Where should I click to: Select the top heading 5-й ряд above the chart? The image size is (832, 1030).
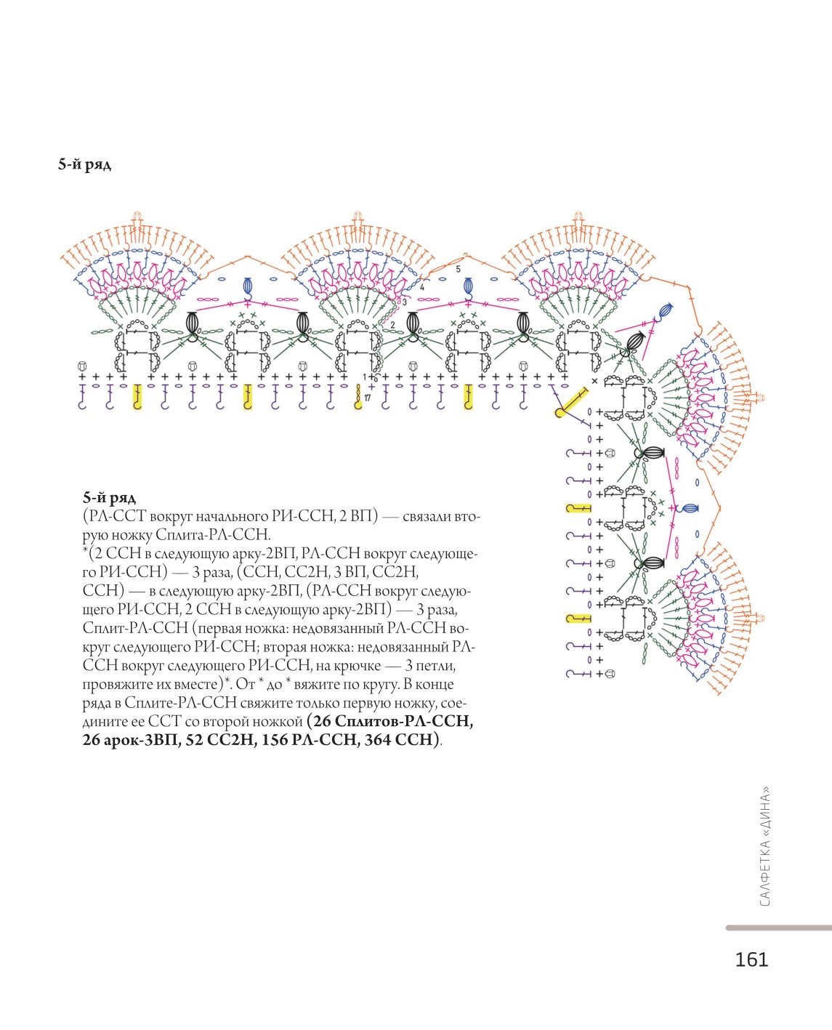coord(84,166)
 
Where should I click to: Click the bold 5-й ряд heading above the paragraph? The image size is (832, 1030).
coord(109,498)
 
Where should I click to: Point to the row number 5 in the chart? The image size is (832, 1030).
coord(459,269)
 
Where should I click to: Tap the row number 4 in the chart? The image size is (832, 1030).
coord(421,287)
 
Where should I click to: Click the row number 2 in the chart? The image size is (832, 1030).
coord(392,325)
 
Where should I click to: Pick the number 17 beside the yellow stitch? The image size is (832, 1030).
coord(368,398)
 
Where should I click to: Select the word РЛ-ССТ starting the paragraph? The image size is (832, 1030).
coord(114,516)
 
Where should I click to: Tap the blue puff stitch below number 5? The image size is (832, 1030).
coord(468,286)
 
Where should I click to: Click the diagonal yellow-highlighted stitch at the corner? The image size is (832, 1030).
coord(572,402)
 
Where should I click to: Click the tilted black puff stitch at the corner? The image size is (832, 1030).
coord(636,340)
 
